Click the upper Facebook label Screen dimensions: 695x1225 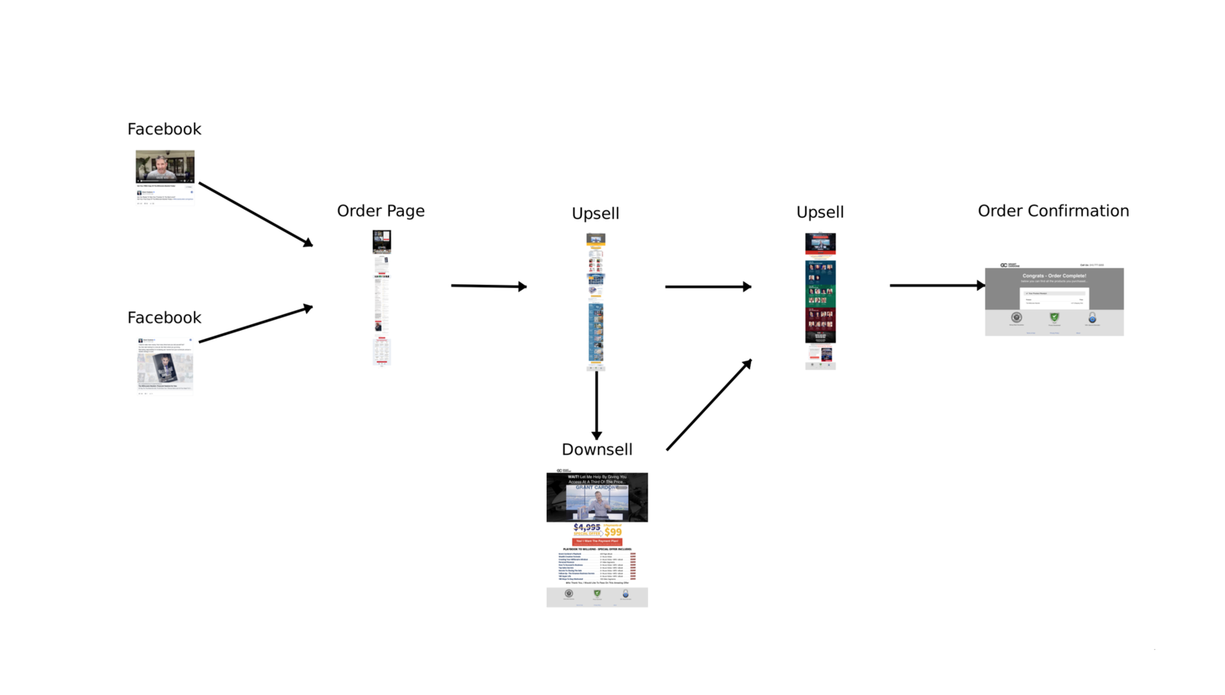coord(164,130)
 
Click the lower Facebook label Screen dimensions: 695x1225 coord(164,318)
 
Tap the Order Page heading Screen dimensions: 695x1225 coord(381,211)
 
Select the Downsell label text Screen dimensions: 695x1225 coord(596,449)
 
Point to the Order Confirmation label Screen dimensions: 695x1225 coord(1053,211)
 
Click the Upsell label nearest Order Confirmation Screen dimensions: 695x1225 coord(820,213)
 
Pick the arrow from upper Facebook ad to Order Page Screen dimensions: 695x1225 coord(255,214)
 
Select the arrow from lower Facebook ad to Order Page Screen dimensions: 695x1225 coord(255,324)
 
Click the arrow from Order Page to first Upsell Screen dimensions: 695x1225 coord(489,286)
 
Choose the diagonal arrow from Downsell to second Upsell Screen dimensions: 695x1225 coord(709,405)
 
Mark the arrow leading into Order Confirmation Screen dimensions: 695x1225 coord(937,286)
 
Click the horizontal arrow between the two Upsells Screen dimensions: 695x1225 coord(707,286)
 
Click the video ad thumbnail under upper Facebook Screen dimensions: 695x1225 coord(165,166)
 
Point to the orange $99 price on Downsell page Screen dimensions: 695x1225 coord(613,532)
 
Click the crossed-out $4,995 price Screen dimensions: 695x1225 coord(587,527)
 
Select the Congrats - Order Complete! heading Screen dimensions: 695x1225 coord(1054,276)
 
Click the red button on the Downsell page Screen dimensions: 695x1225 coord(596,541)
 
